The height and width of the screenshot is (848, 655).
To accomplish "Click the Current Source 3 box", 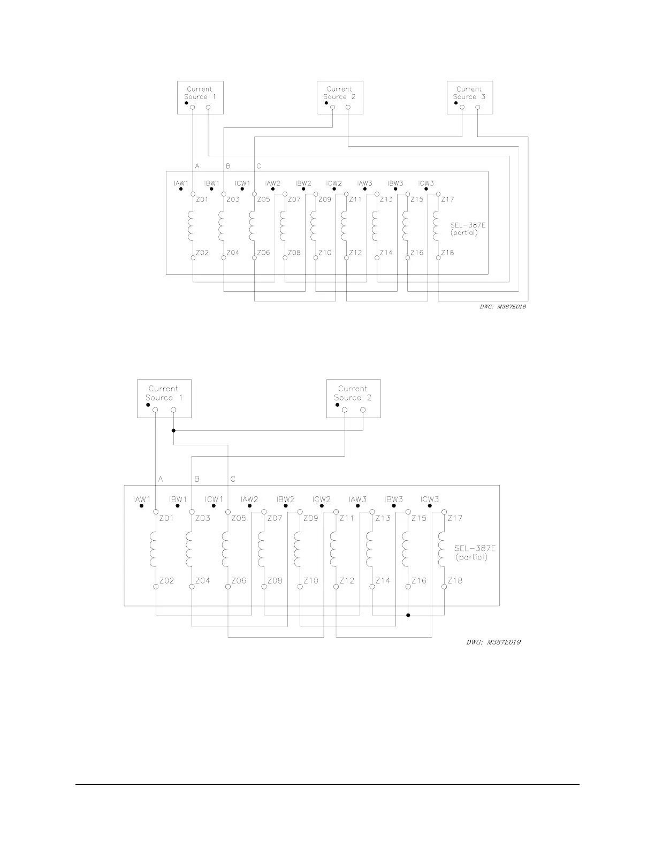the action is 469,97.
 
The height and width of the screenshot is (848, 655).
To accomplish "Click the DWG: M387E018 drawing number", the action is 498,307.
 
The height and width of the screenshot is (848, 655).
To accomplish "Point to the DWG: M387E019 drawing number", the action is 493,642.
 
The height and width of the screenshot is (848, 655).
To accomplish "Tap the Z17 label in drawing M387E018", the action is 447,200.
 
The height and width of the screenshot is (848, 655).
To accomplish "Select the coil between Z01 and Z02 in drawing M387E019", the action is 156,549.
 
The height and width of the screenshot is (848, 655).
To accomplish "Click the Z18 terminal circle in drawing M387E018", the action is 438,258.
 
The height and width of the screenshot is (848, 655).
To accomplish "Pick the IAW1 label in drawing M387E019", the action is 142,499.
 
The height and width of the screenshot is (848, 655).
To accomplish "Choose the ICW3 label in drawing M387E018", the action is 426,184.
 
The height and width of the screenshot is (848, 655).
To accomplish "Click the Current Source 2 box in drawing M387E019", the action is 353,398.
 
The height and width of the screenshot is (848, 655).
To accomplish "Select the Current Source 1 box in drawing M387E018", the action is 200,97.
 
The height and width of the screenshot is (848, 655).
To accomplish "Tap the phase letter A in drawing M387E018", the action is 197,166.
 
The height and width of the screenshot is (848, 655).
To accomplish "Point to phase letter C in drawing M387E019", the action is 233,479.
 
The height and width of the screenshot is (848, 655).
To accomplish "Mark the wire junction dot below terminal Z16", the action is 408,615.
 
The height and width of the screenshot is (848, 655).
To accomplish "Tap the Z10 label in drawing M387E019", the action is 310,580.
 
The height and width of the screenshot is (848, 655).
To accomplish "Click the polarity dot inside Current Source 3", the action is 456,103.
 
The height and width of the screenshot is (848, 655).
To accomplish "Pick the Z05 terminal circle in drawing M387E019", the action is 228,512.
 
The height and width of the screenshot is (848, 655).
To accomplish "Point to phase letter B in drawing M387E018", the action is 227,166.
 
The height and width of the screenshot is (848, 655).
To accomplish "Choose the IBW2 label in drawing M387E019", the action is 286,499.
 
